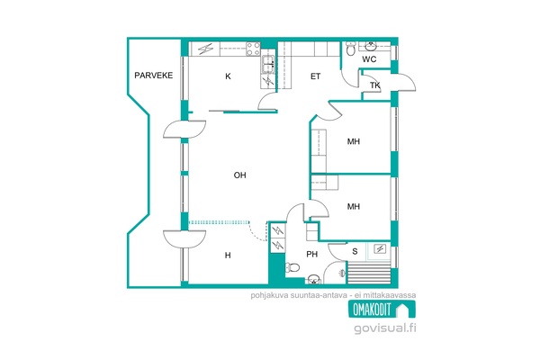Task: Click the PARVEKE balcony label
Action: click(x=153, y=76)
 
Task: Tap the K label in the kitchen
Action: click(x=228, y=76)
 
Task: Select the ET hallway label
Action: click(x=316, y=76)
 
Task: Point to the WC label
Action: click(x=369, y=59)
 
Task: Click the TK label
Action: click(x=374, y=85)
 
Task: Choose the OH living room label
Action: click(x=239, y=175)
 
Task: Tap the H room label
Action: click(x=228, y=256)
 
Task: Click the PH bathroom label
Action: click(x=312, y=254)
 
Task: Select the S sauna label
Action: click(x=355, y=251)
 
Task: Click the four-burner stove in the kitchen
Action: click(x=253, y=49)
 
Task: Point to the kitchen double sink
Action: click(x=268, y=65)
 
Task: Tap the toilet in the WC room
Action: click(x=351, y=49)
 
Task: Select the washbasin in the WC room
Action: click(x=371, y=46)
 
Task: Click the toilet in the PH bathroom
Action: click(x=292, y=267)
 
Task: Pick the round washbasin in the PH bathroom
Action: click(x=313, y=279)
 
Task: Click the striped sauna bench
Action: click(x=369, y=274)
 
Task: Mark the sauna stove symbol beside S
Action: click(x=380, y=248)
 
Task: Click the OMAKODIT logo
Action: click(x=382, y=309)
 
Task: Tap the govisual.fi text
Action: click(x=384, y=328)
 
